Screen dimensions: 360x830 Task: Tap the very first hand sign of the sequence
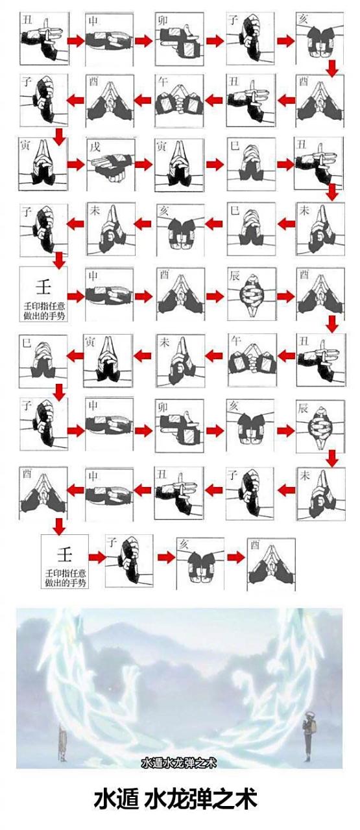coord(44,38)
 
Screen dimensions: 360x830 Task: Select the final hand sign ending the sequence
coord(271,564)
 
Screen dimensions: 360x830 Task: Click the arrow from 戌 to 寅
coord(144,164)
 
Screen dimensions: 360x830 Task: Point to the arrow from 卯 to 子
coord(215,40)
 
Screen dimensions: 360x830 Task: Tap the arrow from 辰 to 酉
coord(286,296)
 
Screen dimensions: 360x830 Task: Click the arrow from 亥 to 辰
coord(286,430)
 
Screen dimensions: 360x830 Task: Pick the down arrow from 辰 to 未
coord(333,458)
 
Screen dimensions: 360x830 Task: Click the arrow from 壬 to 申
coord(77,296)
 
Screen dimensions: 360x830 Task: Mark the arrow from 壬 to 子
coord(97,557)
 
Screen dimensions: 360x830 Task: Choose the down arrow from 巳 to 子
coord(59,391)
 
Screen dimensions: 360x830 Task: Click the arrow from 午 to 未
coord(214,356)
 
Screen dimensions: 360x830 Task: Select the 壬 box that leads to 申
coord(43,294)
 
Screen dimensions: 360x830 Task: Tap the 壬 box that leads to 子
coord(65,561)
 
